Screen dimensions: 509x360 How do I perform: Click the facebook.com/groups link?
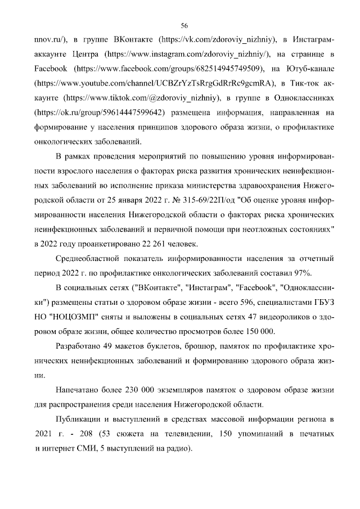pos(168,69)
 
